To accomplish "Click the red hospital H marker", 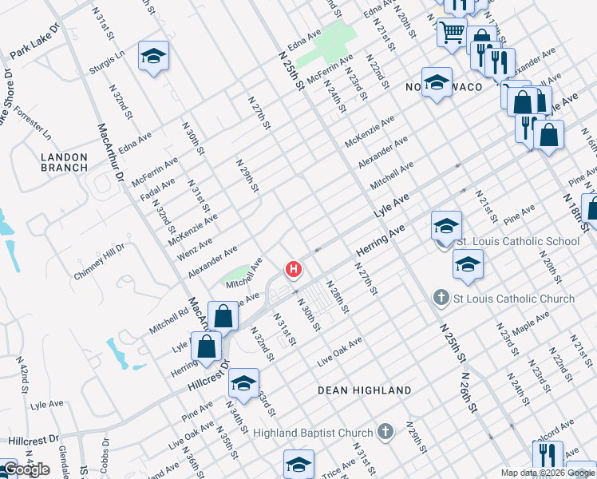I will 294,270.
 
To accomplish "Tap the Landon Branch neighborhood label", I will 65,161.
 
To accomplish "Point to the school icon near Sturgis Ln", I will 153,57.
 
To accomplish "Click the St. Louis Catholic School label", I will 517,241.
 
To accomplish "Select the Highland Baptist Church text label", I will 313,433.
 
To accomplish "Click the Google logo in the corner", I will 26,469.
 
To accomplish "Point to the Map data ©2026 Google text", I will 548,473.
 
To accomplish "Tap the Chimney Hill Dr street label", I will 99,261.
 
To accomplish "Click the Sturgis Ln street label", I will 108,63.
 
